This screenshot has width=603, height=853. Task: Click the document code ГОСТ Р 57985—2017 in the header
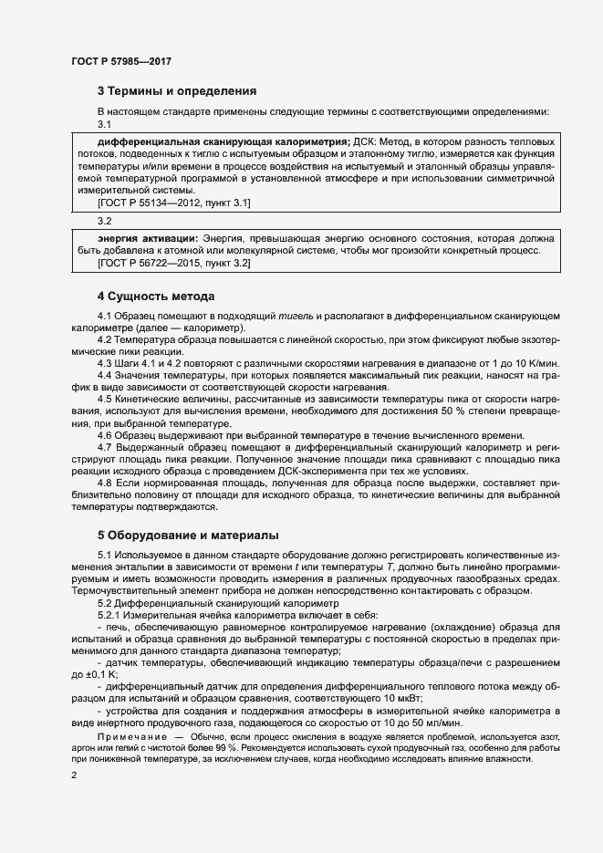pos(120,61)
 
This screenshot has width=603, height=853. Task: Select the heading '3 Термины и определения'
pos(176,91)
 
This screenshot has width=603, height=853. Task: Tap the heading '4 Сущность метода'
pos(156,296)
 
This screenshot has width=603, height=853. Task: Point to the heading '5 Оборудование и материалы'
pos(188,535)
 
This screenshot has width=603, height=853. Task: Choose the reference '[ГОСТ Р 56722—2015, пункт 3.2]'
pos(173,263)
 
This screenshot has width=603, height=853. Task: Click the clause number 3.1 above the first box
pos(104,125)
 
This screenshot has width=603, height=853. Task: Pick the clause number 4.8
pos(105,483)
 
